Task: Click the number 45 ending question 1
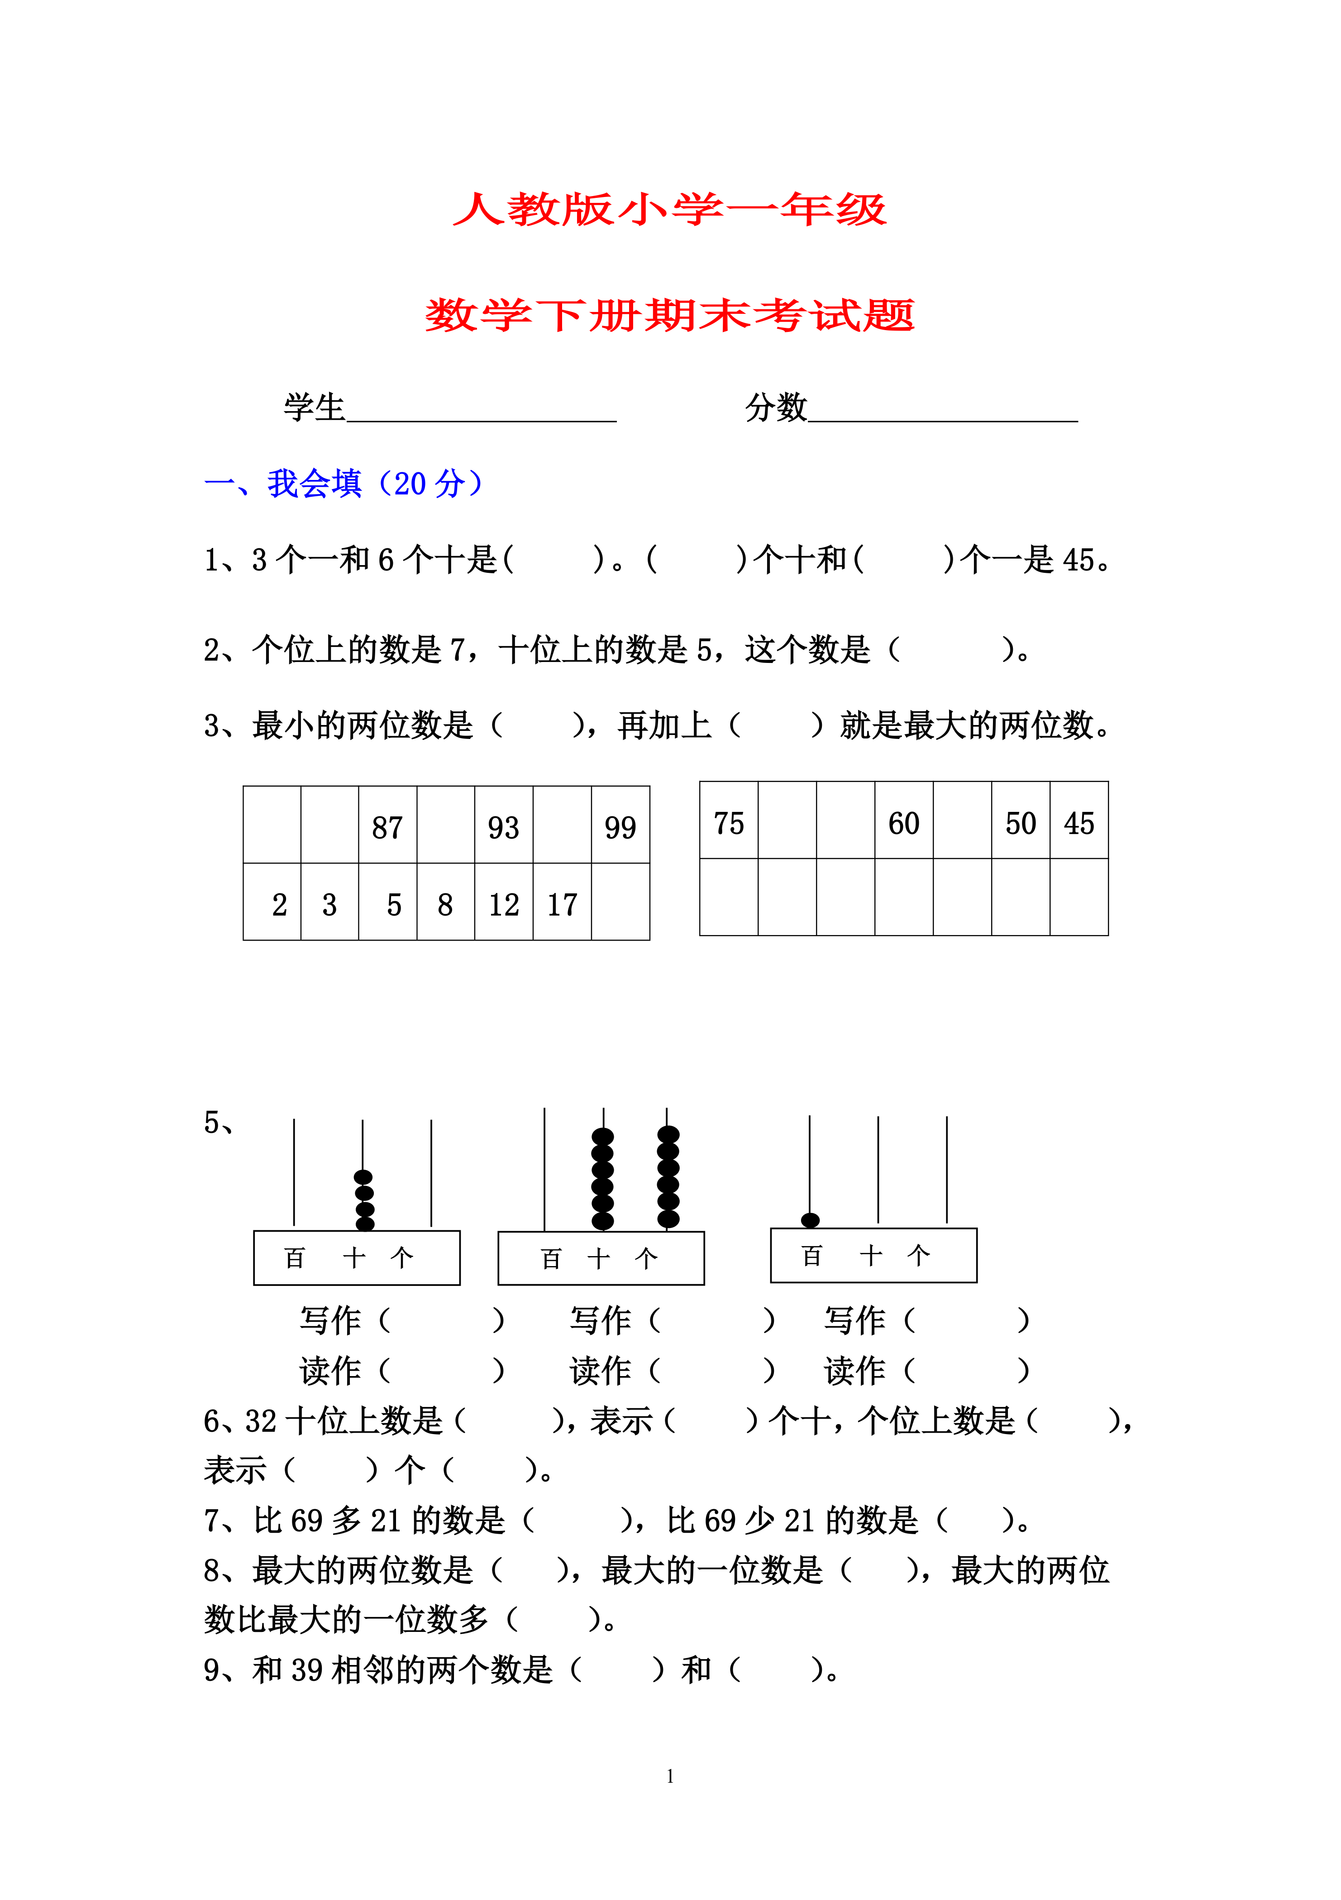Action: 1078,560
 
